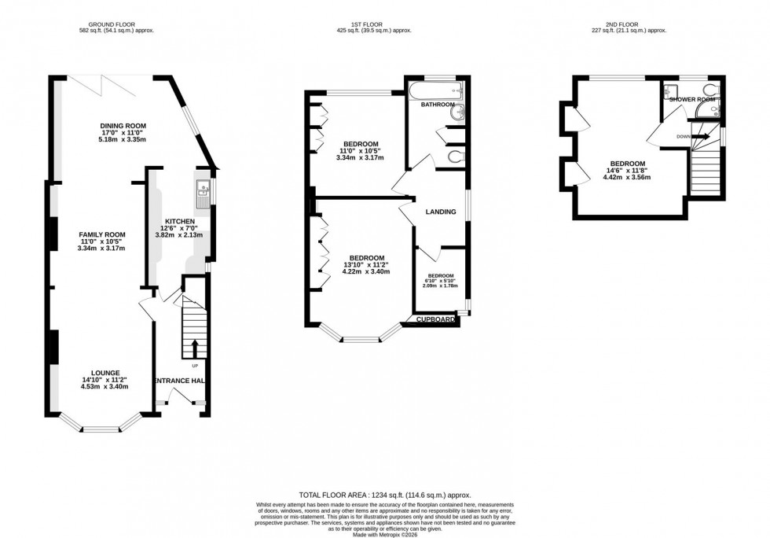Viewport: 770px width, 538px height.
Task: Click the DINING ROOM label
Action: click(x=124, y=125)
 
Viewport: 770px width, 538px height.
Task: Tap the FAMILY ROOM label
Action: click(x=102, y=234)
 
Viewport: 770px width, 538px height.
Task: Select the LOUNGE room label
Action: click(x=104, y=373)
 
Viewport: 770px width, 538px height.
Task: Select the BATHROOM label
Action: click(x=438, y=105)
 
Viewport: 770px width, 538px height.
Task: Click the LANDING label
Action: click(x=440, y=212)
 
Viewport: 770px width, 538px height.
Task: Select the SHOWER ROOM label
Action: click(x=692, y=100)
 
